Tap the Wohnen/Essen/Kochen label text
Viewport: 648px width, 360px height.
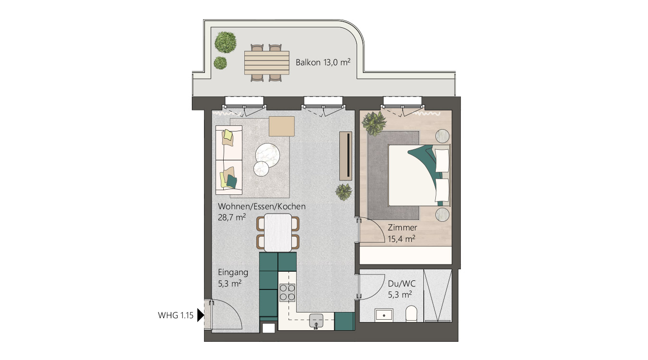[x=262, y=207]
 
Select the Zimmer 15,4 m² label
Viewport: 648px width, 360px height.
[x=402, y=233]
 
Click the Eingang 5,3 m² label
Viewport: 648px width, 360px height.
[x=233, y=278]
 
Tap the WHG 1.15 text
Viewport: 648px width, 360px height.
[x=175, y=315]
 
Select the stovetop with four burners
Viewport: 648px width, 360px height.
[x=287, y=292]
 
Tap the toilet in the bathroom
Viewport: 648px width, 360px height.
[x=412, y=314]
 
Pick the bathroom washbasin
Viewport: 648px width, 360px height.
[x=384, y=315]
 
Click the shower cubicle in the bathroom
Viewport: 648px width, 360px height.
[x=437, y=296]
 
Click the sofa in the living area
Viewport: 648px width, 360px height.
[x=229, y=160]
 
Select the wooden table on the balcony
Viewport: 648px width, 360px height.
[x=266, y=62]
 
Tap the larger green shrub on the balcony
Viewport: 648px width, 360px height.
[x=225, y=42]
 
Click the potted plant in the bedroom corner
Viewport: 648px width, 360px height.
[x=374, y=123]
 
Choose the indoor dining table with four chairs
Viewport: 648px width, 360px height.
[x=278, y=232]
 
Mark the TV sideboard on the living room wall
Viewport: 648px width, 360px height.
[x=346, y=155]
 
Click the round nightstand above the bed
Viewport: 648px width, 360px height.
[x=443, y=136]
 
